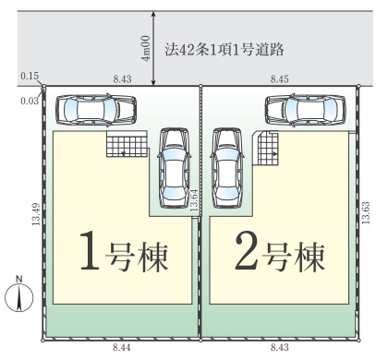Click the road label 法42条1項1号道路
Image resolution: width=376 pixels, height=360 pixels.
[224, 49]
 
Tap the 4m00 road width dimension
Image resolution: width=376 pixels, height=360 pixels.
[145, 48]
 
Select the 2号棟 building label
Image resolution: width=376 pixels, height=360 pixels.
[280, 251]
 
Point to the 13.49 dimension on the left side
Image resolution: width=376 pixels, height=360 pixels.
[36, 214]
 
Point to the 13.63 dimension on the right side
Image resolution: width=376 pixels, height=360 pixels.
[366, 213]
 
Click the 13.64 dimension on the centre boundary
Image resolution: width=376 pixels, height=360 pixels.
[194, 200]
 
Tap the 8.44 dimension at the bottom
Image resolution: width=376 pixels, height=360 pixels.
[122, 348]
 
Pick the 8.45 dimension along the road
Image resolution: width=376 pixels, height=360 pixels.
[280, 79]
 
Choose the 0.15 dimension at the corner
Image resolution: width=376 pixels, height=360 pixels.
[30, 76]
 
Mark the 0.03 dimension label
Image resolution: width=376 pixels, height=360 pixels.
[30, 101]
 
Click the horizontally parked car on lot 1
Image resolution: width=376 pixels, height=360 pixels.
[96, 110]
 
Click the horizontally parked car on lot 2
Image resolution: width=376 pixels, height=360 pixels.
[306, 110]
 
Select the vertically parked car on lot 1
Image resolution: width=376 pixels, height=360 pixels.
[173, 168]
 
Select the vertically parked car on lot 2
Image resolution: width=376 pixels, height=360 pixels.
[227, 168]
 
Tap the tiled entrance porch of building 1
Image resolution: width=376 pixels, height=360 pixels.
[127, 144]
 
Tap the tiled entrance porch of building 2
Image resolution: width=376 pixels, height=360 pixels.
[267, 149]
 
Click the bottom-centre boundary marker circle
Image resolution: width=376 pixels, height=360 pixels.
[200, 341]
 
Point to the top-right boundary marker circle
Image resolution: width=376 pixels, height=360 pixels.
[358, 86]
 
